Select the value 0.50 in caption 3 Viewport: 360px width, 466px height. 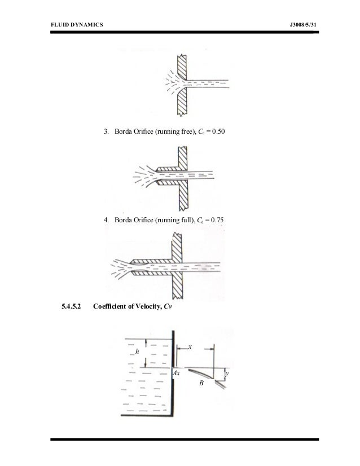222,133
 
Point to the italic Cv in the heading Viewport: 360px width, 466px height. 168,307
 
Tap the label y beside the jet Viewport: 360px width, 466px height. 226,373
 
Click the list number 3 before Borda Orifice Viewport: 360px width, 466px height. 106,133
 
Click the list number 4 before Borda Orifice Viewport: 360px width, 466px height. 106,219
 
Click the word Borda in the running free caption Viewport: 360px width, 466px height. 122,133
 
